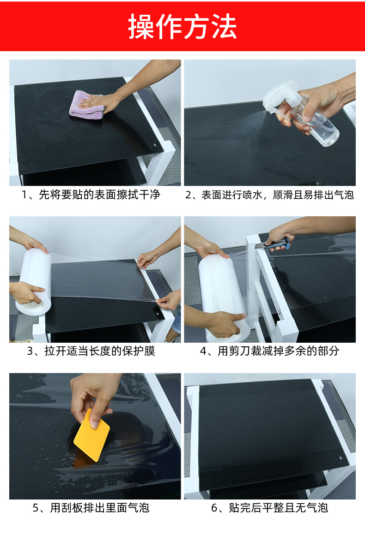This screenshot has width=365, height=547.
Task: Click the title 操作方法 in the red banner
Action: (x=182, y=26)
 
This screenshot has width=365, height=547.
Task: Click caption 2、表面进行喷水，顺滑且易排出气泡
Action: (x=269, y=195)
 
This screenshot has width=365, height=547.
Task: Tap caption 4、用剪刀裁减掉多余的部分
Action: (x=269, y=351)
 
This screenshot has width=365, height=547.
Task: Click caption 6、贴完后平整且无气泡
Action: (x=269, y=508)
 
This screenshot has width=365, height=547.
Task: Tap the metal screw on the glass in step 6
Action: (x=341, y=458)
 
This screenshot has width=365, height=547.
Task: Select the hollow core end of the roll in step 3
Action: (x=34, y=304)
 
